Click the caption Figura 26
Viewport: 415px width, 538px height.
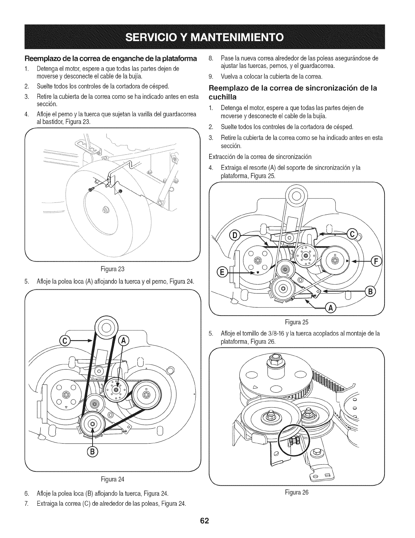297,492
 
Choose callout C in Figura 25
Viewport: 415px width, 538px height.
352,233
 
